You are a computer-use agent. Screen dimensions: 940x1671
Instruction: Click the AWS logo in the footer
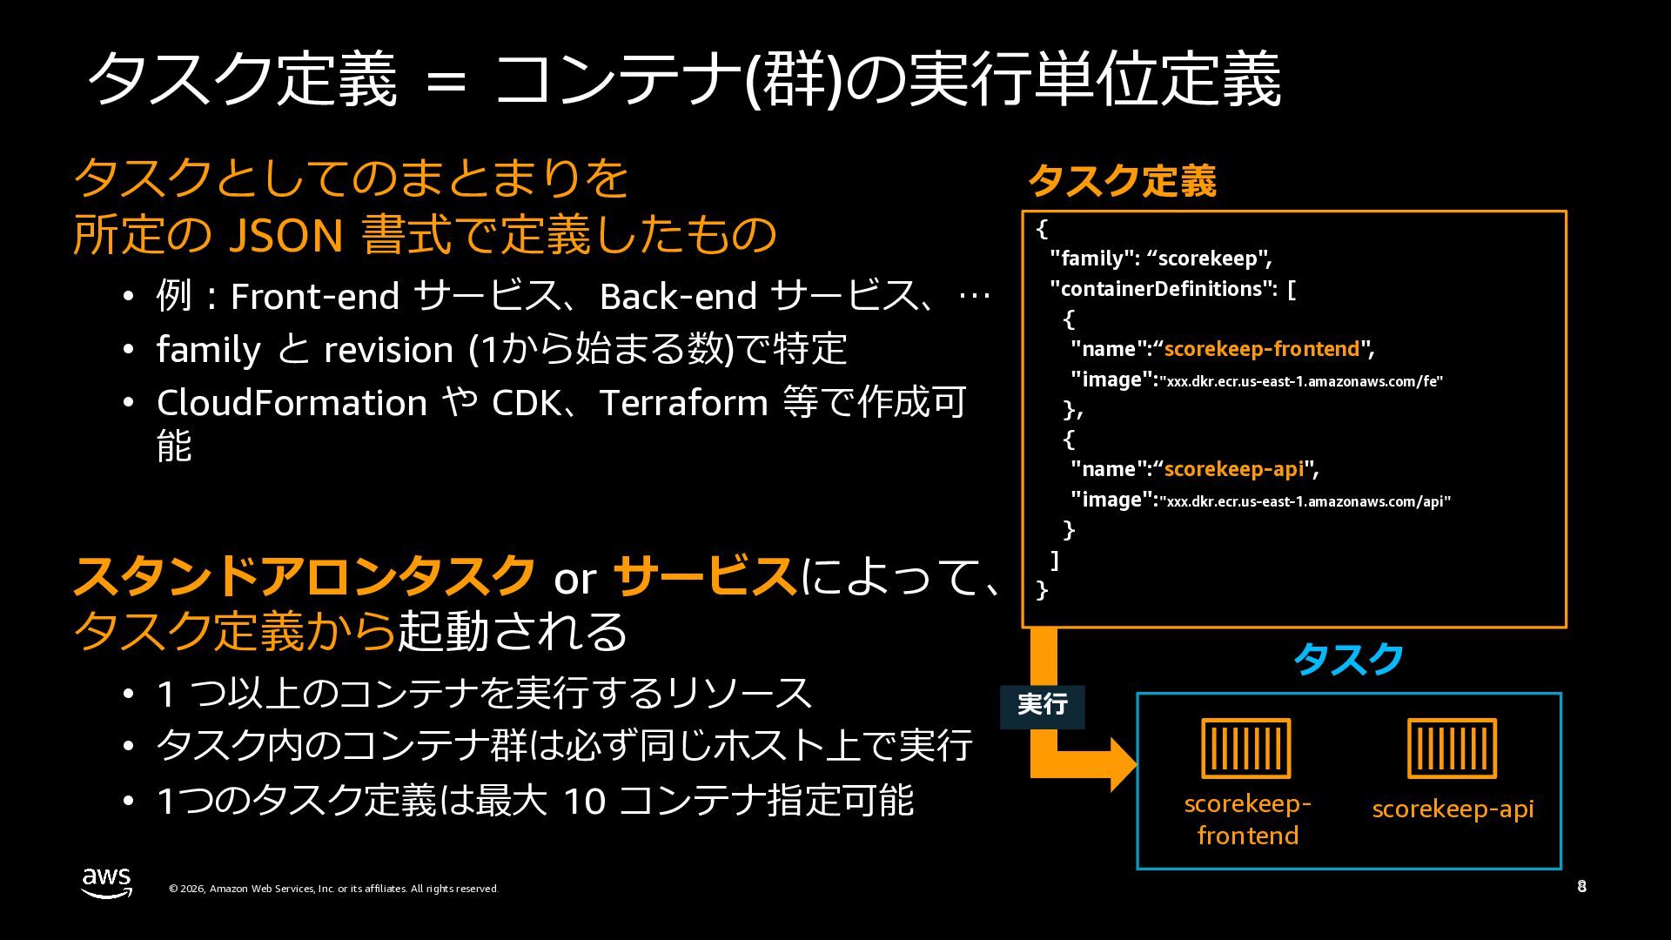click(107, 882)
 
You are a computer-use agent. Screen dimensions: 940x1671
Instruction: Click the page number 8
click(1581, 887)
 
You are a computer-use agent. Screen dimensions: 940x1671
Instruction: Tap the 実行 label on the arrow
click(1042, 704)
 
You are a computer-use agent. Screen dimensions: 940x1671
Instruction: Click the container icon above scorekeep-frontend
click(1245, 748)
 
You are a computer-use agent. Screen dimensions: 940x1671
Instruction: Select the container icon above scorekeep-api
click(1452, 748)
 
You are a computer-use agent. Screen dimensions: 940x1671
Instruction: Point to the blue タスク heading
click(1348, 660)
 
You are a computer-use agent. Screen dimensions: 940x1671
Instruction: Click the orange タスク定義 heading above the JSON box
click(1122, 181)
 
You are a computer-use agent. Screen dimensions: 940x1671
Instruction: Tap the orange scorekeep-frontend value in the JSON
click(1261, 349)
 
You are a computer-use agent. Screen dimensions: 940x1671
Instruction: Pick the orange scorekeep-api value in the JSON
click(1233, 469)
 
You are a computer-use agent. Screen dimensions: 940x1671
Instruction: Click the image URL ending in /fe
click(1301, 381)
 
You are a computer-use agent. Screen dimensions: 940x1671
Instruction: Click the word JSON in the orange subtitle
click(285, 235)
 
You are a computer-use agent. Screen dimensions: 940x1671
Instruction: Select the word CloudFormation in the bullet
click(292, 403)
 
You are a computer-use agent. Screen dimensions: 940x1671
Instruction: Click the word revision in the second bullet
click(388, 350)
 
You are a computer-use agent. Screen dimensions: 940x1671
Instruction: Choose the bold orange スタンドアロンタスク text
click(304, 576)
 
